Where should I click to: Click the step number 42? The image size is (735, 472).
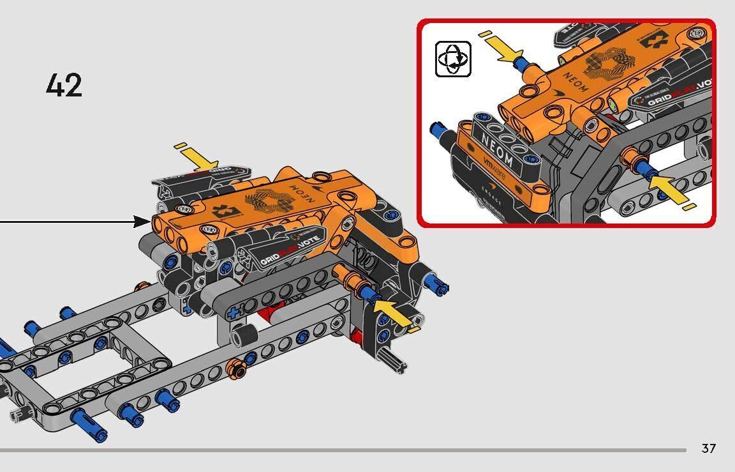click(x=64, y=85)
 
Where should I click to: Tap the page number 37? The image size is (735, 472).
click(x=708, y=448)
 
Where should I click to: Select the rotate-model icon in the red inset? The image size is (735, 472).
click(x=453, y=59)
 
